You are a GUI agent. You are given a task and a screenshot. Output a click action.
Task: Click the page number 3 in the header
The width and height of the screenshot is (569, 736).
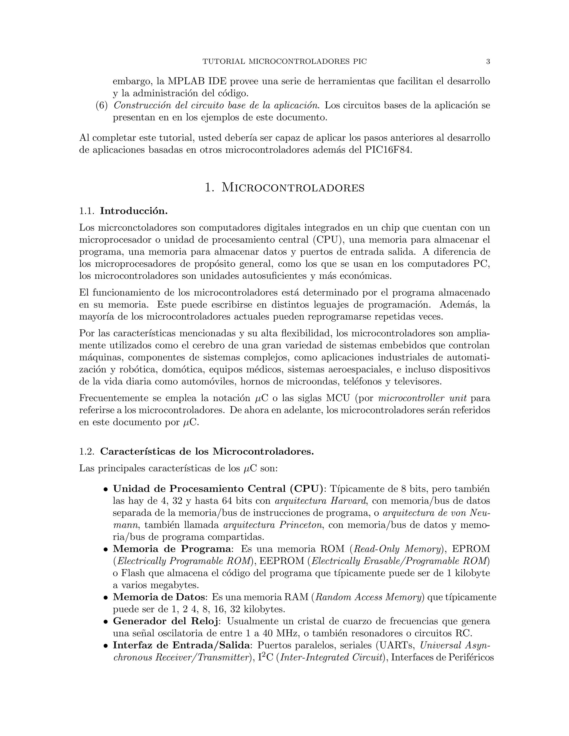point(488,62)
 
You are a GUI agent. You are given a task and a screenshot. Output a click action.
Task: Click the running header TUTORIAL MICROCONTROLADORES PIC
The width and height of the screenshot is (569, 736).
point(284,62)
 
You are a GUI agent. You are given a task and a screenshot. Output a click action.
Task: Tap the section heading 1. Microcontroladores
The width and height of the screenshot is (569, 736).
point(284,188)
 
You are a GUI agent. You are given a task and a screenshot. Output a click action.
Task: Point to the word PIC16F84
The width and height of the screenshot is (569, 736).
point(388,150)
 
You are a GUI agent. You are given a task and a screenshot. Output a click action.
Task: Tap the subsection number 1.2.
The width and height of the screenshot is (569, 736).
point(86,452)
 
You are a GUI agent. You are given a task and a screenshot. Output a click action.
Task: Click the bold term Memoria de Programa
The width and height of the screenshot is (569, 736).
point(172,549)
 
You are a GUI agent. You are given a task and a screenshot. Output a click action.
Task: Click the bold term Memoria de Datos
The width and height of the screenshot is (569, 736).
point(158,597)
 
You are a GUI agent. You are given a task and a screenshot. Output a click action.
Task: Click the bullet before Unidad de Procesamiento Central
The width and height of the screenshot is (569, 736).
point(106,489)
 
